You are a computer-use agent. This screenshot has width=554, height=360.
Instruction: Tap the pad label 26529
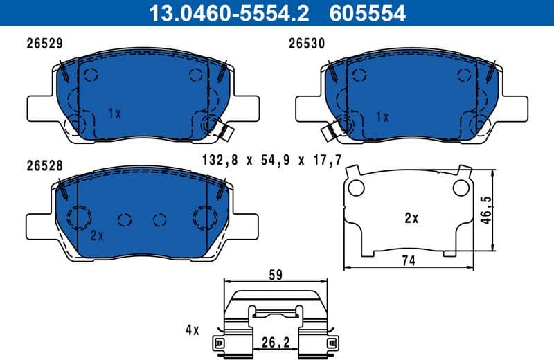point(45,42)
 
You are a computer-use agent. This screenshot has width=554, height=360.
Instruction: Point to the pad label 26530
point(307,42)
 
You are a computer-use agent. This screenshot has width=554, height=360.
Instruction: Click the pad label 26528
point(45,166)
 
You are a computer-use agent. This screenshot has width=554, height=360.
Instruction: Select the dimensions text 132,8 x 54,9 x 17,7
point(271,161)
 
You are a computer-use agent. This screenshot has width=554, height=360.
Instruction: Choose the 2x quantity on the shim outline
point(411,218)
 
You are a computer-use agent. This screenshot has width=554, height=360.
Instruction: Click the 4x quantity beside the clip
point(191,330)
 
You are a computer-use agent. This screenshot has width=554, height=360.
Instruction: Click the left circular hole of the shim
point(357,188)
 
